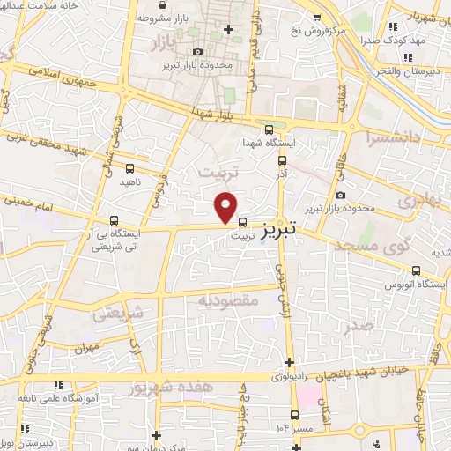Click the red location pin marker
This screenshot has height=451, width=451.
pyautogui.click(x=226, y=207)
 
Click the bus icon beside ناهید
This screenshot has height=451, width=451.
pyautogui.click(x=130, y=167)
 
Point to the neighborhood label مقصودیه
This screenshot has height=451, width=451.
pyautogui.click(x=228, y=301)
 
